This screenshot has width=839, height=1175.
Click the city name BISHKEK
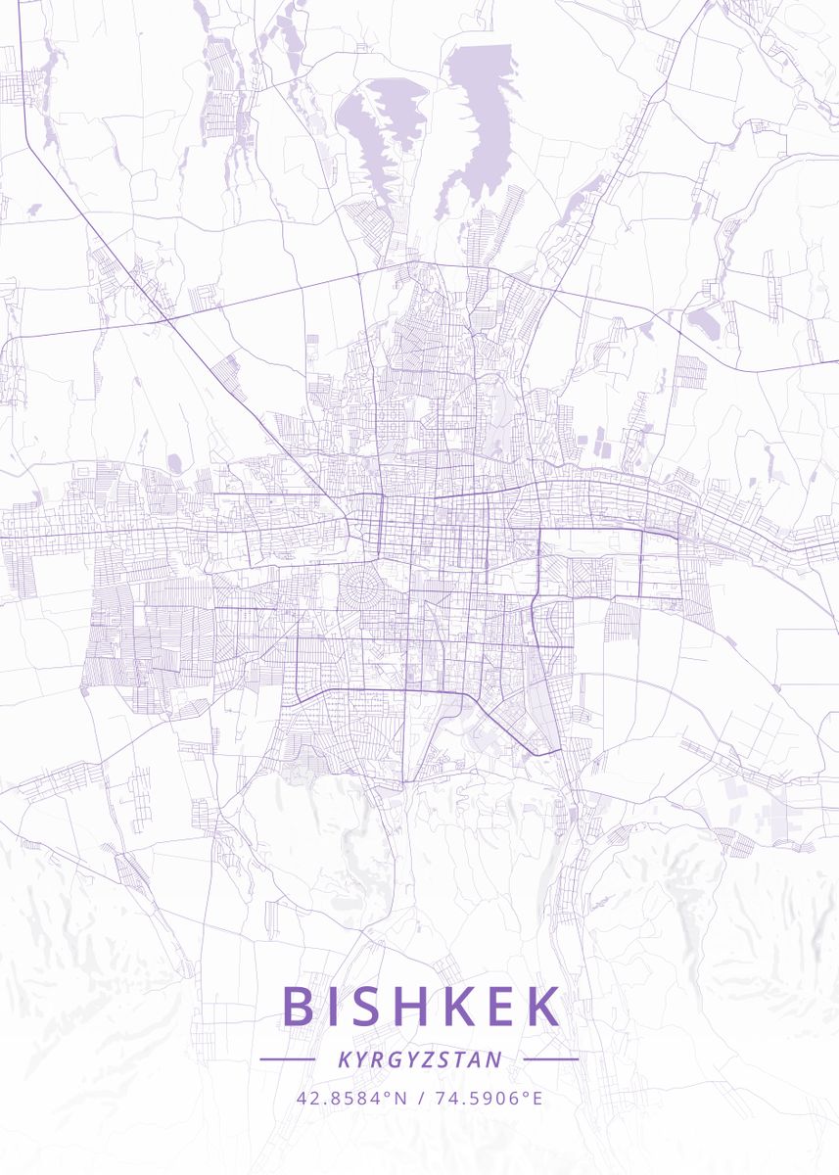pyautogui.click(x=421, y=1007)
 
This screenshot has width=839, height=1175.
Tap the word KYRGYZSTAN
pyautogui.click(x=420, y=1059)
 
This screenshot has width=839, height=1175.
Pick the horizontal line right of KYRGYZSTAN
pyautogui.click(x=551, y=1059)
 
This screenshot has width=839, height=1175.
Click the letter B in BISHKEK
pyautogui.click(x=299, y=1007)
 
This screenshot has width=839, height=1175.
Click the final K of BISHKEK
pyautogui.click(x=542, y=1007)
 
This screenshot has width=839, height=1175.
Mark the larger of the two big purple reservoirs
pyautogui.click(x=480, y=108)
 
